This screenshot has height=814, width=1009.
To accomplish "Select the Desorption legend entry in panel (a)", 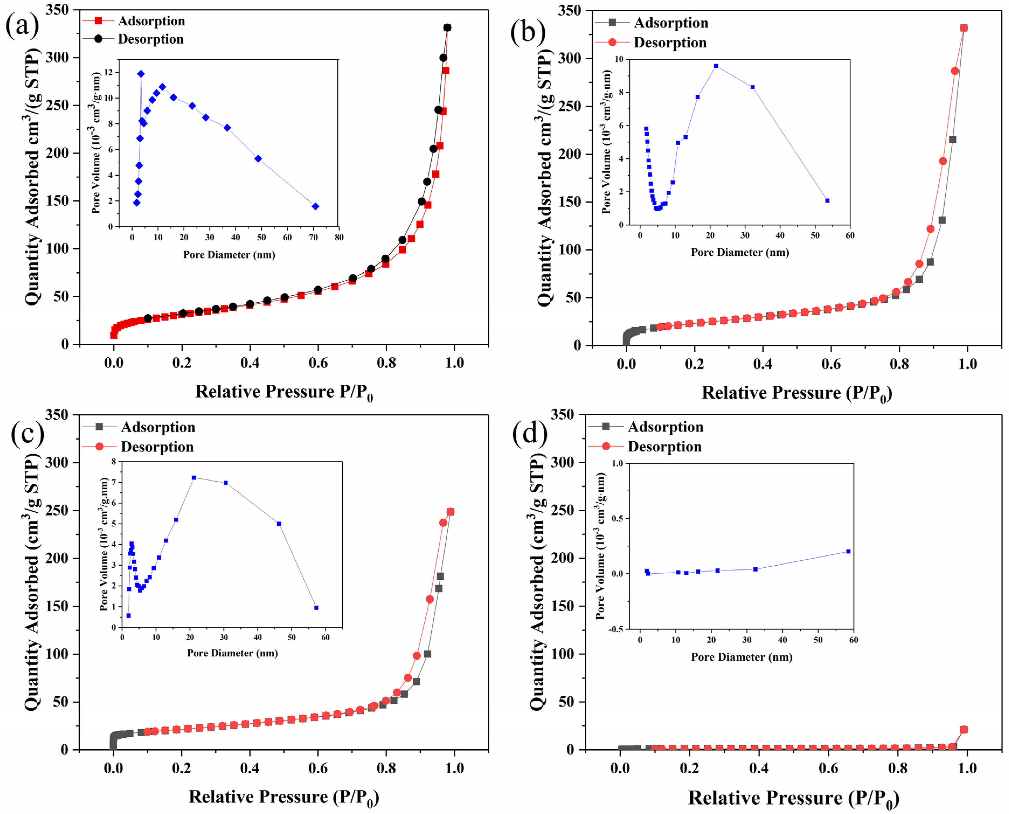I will pos(150,39).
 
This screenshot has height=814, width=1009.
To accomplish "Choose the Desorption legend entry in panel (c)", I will pos(157,447).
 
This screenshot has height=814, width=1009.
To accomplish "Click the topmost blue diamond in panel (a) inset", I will pos(141,74).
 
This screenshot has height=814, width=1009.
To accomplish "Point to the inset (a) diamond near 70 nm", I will pos(315,206).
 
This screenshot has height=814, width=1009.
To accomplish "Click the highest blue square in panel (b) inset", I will pos(716,66).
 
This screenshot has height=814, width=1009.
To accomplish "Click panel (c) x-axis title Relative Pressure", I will pos(284,797).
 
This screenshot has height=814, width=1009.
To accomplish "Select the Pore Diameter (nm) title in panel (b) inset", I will pos(740,253).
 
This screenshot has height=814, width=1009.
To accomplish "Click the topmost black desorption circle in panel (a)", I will pos(447,28).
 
